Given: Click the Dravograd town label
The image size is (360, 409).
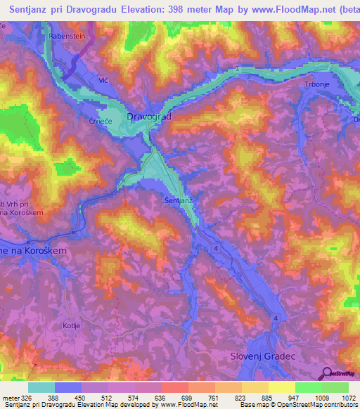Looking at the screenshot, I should (x=148, y=115).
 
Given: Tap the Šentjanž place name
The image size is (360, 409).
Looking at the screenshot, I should (x=179, y=201).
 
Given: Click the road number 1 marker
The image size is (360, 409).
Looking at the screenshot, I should (x=238, y=69).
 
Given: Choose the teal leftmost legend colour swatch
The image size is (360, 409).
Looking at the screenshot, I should (x=41, y=387).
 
